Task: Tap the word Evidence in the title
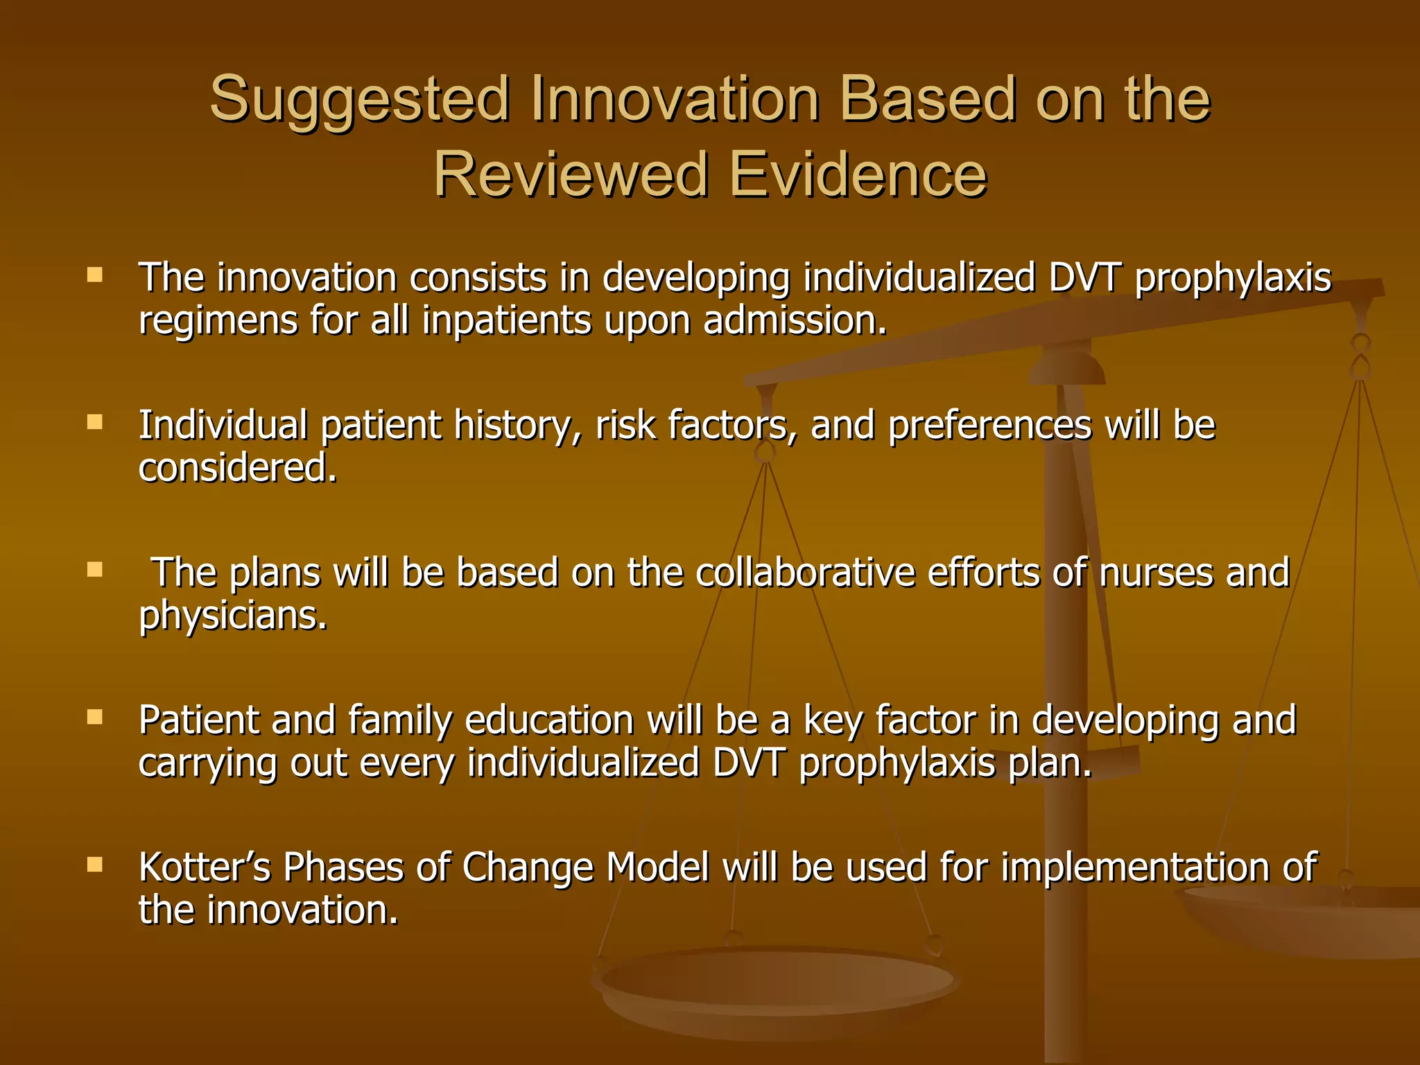pyautogui.click(x=858, y=175)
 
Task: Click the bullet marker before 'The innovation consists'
pyautogui.click(x=95, y=275)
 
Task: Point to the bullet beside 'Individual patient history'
pyautogui.click(x=95, y=422)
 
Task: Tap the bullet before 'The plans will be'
pyautogui.click(x=95, y=570)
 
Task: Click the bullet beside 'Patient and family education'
pyautogui.click(x=95, y=717)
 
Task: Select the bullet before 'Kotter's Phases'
pyautogui.click(x=95, y=865)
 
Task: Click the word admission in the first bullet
pyautogui.click(x=795, y=321)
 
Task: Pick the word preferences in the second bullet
pyautogui.click(x=989, y=425)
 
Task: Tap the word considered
pyautogui.click(x=238, y=468)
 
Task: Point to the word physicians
pyautogui.click(x=233, y=616)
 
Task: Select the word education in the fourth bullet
pyautogui.click(x=549, y=720)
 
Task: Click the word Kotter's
pyautogui.click(x=205, y=867)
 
